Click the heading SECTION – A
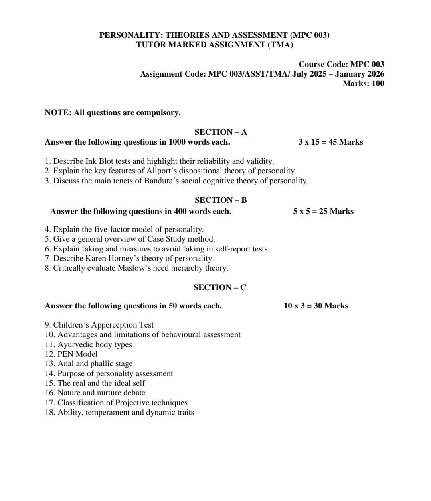(220, 132)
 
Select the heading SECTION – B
(220, 200)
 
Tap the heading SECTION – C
(219, 287)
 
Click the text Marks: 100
(363, 83)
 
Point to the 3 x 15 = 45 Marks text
(330, 142)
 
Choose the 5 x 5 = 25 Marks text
(323, 211)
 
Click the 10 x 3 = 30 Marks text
(316, 306)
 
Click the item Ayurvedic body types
(95, 344)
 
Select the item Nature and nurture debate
(101, 393)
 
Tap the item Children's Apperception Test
(103, 325)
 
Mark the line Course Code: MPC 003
(341, 64)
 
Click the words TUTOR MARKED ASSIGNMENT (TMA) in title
(214, 45)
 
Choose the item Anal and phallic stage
(95, 363)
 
